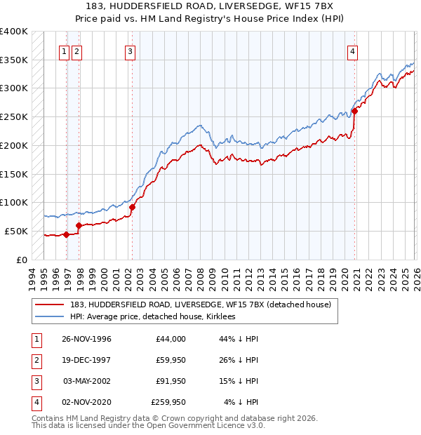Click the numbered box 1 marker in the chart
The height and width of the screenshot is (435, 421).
64,51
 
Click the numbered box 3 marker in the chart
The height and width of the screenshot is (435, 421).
131,51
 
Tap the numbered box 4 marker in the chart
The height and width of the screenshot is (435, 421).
352,51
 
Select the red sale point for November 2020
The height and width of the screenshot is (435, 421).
355,110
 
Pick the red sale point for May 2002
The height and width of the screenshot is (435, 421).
132,206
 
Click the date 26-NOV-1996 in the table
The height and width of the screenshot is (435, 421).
87,339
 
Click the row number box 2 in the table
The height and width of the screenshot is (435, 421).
34,360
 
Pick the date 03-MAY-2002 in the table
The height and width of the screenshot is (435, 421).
87,381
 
